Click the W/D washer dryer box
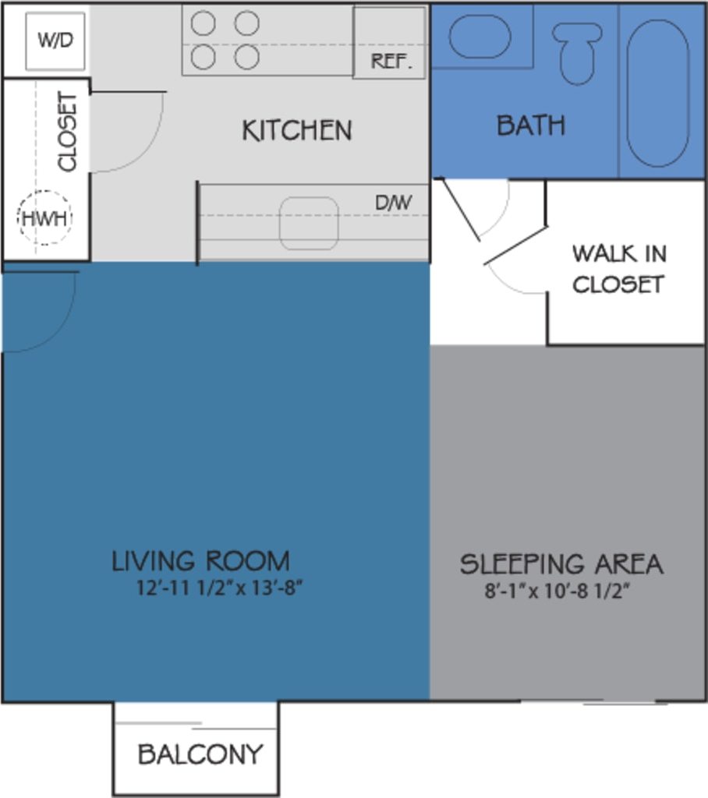click(55, 41)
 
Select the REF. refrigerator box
click(390, 44)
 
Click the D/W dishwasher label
click(393, 203)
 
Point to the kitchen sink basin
click(309, 224)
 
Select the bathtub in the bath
click(658, 93)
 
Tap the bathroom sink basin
click(480, 37)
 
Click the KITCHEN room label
click(296, 130)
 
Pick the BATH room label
click(531, 125)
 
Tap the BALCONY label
click(200, 754)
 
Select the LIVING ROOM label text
click(200, 561)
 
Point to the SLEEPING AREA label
click(561, 563)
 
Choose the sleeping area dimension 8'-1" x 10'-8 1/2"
click(557, 591)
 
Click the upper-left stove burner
click(204, 24)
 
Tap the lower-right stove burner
click(246, 57)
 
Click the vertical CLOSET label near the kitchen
click(69, 132)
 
